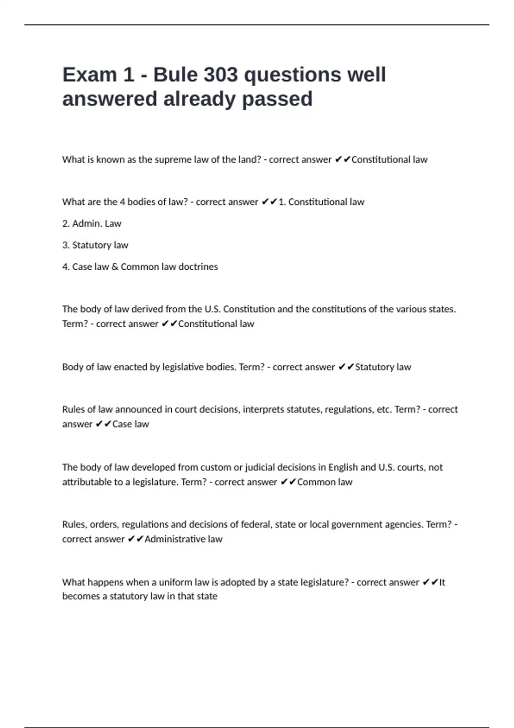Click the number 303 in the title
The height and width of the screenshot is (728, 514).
[x=220, y=75]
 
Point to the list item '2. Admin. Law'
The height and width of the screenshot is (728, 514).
[x=92, y=224]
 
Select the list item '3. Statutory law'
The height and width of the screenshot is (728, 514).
[x=95, y=245]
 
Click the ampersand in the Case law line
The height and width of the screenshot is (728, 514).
[x=115, y=267]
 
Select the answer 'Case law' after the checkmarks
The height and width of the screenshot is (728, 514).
[x=130, y=424]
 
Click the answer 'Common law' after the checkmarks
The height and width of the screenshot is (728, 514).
[x=325, y=482]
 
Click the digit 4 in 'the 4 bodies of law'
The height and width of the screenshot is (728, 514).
[x=123, y=202]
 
